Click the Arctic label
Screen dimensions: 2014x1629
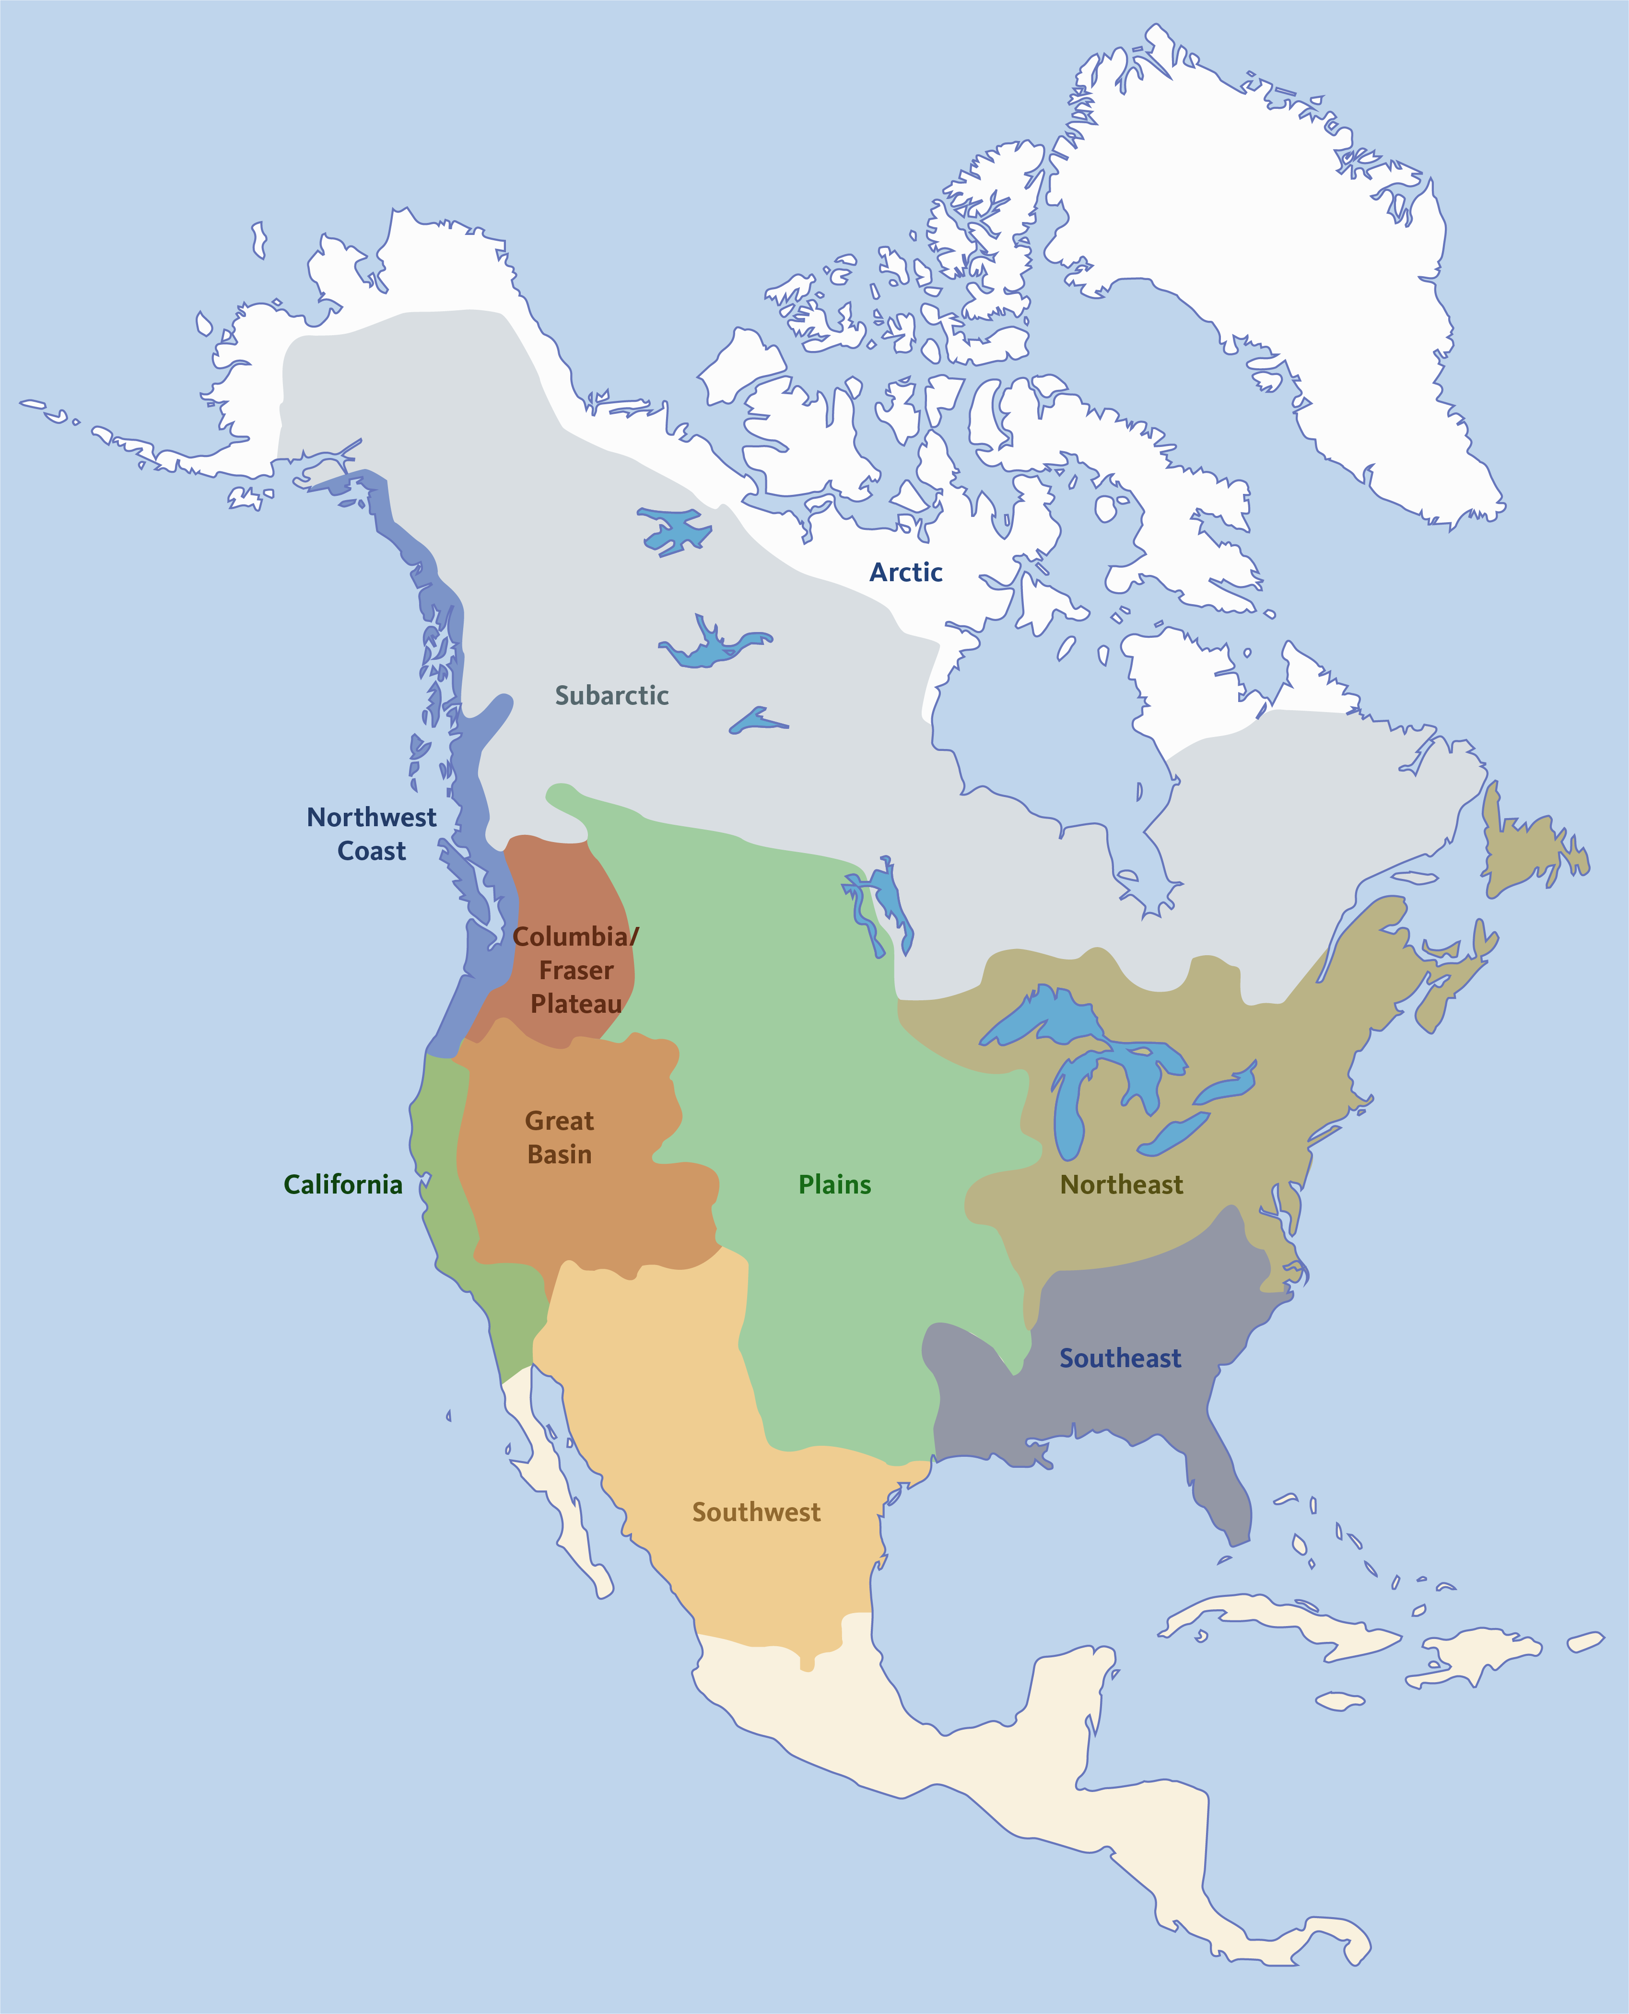905,573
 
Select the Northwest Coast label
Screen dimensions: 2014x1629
372,833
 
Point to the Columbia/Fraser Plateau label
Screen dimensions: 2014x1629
575,970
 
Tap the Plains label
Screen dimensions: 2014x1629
834,1184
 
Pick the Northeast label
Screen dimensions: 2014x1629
1121,1184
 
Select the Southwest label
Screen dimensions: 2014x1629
756,1512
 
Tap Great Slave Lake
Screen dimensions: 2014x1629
713,647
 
